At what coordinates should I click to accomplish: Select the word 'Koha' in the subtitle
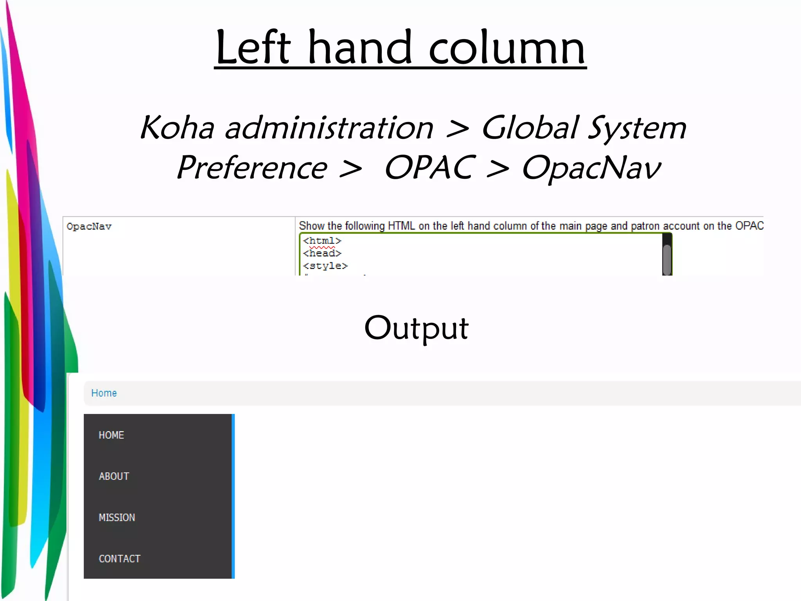(x=177, y=128)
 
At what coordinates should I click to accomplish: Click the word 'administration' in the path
(x=329, y=128)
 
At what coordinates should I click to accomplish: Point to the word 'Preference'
(x=252, y=168)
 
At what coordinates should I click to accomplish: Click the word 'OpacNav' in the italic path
(x=591, y=168)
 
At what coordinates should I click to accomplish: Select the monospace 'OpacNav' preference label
(x=89, y=227)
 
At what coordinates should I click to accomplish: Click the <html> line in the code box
(x=322, y=241)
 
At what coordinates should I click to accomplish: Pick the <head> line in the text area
(x=322, y=253)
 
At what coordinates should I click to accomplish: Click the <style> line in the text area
(x=325, y=266)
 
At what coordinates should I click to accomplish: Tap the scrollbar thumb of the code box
(x=667, y=258)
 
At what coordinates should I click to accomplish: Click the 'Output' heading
(x=416, y=328)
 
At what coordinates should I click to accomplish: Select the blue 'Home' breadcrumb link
(x=104, y=393)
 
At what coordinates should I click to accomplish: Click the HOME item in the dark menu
(x=111, y=435)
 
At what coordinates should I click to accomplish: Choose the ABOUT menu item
(x=114, y=476)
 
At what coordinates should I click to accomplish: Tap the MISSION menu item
(x=117, y=518)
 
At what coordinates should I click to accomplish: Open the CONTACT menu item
(x=120, y=559)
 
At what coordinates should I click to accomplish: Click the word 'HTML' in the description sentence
(x=401, y=226)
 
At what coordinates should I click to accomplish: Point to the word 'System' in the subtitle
(x=637, y=128)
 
